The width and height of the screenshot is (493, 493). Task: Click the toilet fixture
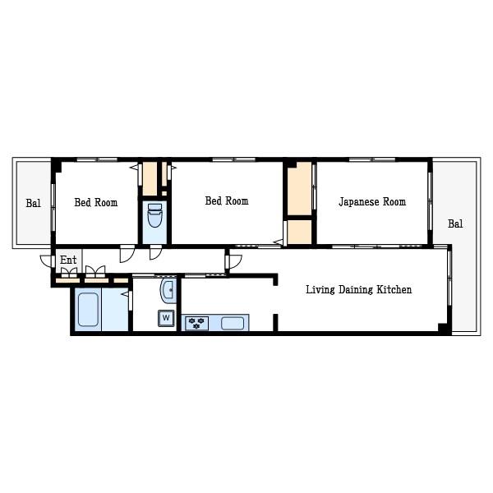point(154,215)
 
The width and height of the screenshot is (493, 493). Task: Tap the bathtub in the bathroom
point(88,310)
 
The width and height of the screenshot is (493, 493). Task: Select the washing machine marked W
point(166,318)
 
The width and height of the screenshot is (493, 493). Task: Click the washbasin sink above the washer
point(168,290)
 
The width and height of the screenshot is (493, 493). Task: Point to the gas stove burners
point(196,323)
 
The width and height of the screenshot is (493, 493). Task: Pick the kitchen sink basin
point(233,323)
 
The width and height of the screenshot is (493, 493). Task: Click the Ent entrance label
point(68,260)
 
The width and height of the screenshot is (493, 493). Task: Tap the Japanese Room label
point(372,202)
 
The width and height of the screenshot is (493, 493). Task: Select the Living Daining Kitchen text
point(359,289)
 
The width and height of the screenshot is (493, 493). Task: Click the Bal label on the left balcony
point(34,203)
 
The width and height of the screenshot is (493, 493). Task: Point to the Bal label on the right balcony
point(455,223)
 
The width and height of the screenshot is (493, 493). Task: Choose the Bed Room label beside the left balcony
point(96,202)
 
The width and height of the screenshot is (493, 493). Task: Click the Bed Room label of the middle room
point(227,200)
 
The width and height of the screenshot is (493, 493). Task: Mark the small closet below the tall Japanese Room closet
point(300,232)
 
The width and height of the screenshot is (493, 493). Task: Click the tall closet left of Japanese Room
point(300,189)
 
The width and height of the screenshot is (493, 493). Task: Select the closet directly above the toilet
point(150,179)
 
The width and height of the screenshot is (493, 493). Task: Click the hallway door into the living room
point(235,261)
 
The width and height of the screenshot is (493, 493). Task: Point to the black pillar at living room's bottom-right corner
point(443,327)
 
